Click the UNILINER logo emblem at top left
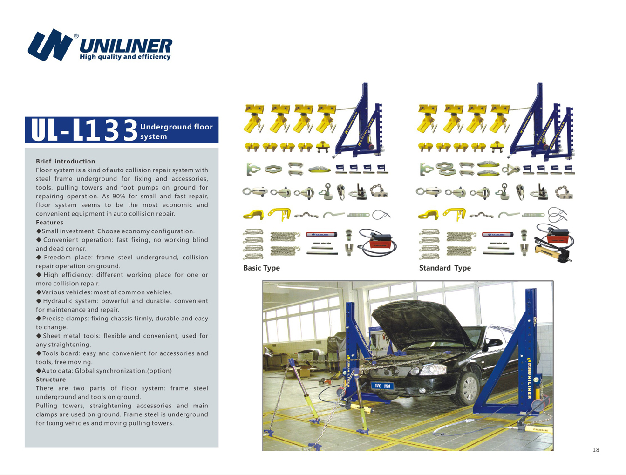[x=50, y=45]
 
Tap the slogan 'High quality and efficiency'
[x=125, y=57]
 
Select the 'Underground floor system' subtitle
[x=176, y=131]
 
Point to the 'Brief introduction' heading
[x=65, y=161]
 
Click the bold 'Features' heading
[x=49, y=223]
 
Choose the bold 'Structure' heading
[x=51, y=380]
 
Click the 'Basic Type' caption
[x=261, y=268]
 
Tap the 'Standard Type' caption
[x=445, y=268]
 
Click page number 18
[x=596, y=450]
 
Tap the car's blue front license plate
[x=382, y=386]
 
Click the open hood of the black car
[x=419, y=321]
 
